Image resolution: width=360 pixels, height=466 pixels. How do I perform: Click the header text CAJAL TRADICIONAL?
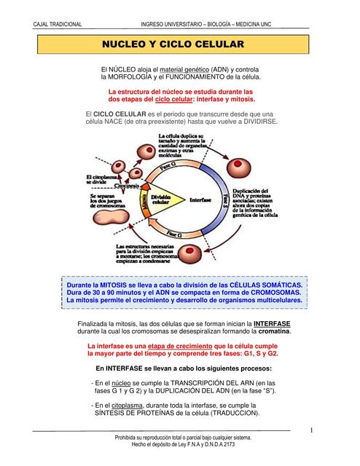[58, 25]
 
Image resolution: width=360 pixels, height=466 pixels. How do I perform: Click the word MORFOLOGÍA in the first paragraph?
[136, 76]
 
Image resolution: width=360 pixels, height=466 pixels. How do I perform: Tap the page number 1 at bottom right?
[311, 430]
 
